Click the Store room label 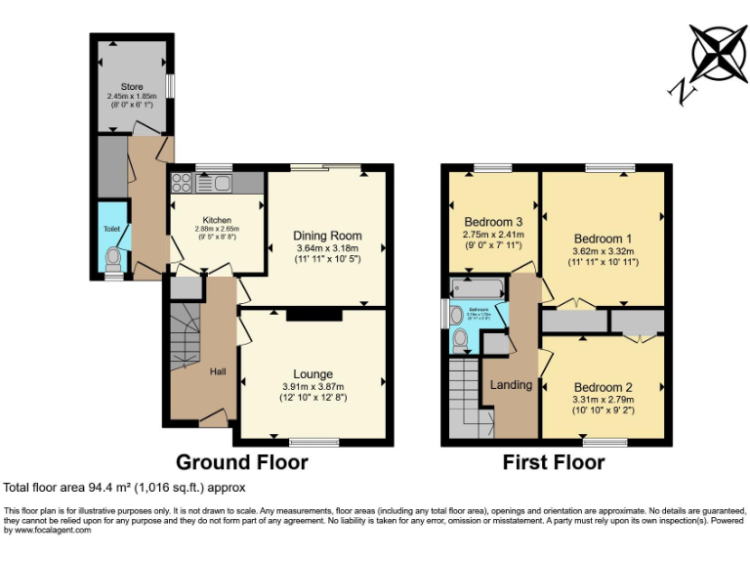tap(132, 87)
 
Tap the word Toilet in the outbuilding tap(111, 230)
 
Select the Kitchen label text tap(216, 219)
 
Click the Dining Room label tap(327, 236)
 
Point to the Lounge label tap(312, 373)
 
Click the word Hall tap(218, 371)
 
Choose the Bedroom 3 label tap(493, 220)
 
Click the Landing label tap(511, 384)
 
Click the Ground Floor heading tap(241, 462)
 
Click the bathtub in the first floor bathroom tap(477, 287)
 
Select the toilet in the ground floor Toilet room tap(114, 258)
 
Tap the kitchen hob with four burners tap(181, 182)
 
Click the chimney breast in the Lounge tap(313, 315)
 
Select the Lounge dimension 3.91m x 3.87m tap(312, 386)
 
